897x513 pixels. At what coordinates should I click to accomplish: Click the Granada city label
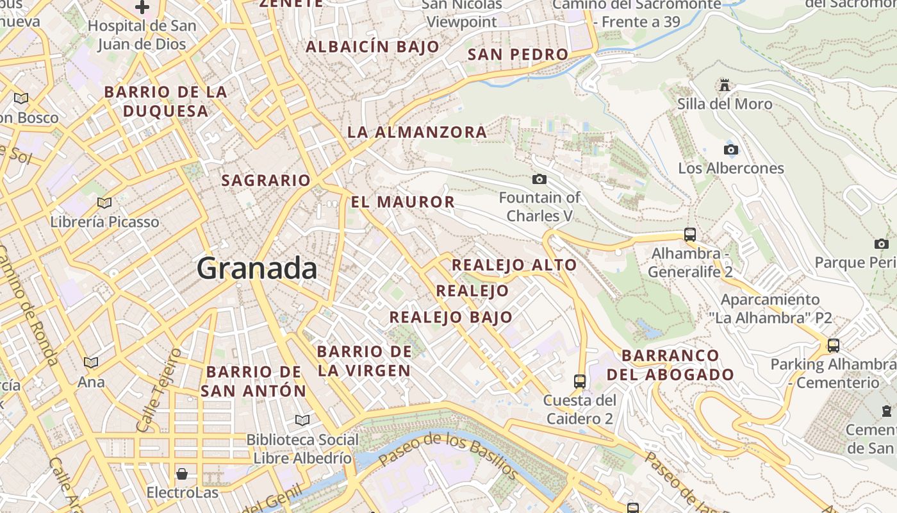[x=256, y=267]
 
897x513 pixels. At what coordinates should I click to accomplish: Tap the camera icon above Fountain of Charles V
[x=539, y=179]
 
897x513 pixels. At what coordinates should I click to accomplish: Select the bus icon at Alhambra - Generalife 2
[x=689, y=235]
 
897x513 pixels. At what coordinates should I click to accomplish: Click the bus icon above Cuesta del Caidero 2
[x=580, y=381]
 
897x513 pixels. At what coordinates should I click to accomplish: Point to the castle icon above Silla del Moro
[x=725, y=85]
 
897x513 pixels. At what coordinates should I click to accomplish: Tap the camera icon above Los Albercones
[x=730, y=149]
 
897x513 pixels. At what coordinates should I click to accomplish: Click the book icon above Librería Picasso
[x=104, y=203]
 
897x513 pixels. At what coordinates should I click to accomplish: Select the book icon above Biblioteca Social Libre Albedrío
[x=302, y=420]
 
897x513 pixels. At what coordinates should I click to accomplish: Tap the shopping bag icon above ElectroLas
[x=182, y=474]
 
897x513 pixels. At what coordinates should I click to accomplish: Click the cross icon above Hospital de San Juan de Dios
[x=142, y=8]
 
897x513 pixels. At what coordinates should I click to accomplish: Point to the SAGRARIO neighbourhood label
[x=266, y=181]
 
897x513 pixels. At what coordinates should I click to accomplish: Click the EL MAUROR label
[x=402, y=202]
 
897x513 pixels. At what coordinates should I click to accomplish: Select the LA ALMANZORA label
[x=417, y=133]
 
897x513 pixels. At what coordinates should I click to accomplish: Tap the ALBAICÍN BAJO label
[x=372, y=47]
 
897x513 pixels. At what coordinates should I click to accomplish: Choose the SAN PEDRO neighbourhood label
[x=518, y=55]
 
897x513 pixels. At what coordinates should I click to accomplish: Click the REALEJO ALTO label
[x=514, y=265]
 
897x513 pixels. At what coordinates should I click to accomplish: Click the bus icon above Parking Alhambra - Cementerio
[x=833, y=345]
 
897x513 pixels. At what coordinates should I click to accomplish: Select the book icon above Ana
[x=91, y=362]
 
